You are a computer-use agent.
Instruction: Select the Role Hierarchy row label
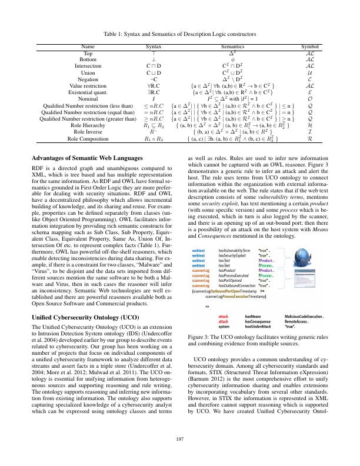tap(88, 126)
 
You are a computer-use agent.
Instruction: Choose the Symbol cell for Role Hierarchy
tap(310, 126)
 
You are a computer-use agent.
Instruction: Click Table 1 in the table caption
tap(112, 35)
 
